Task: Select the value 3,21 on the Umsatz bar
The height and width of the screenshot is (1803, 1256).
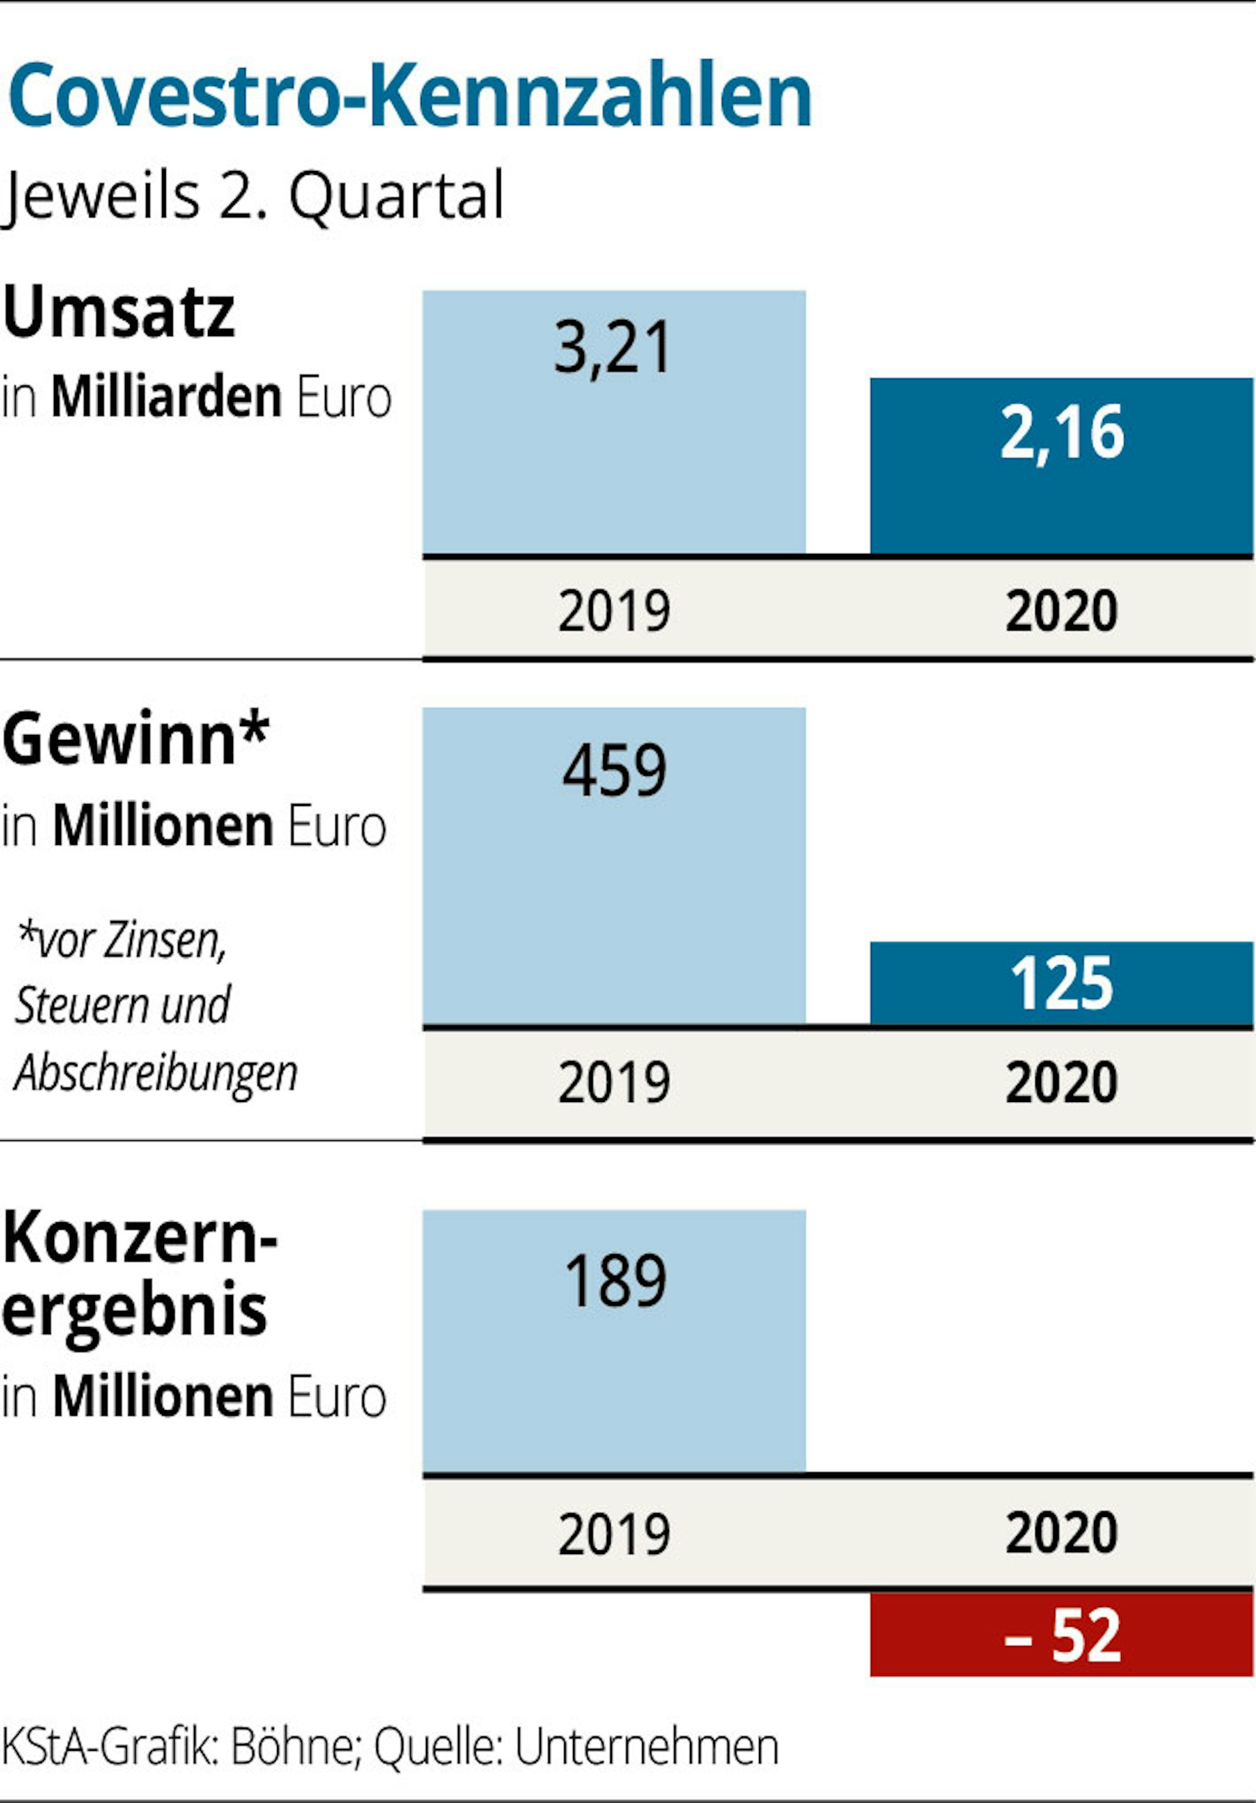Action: click(x=613, y=348)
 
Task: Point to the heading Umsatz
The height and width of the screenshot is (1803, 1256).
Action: click(x=119, y=312)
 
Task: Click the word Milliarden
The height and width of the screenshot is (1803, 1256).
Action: click(x=167, y=397)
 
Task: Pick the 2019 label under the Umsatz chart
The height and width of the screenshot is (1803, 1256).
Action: click(x=614, y=611)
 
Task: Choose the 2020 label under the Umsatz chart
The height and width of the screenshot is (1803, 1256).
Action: click(x=1061, y=611)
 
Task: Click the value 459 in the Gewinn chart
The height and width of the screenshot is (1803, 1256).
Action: click(x=614, y=771)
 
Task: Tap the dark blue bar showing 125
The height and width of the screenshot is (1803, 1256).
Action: click(x=1061, y=983)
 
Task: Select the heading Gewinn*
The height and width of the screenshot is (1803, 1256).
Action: click(x=135, y=740)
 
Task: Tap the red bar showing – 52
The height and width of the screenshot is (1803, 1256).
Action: click(x=1061, y=1635)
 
